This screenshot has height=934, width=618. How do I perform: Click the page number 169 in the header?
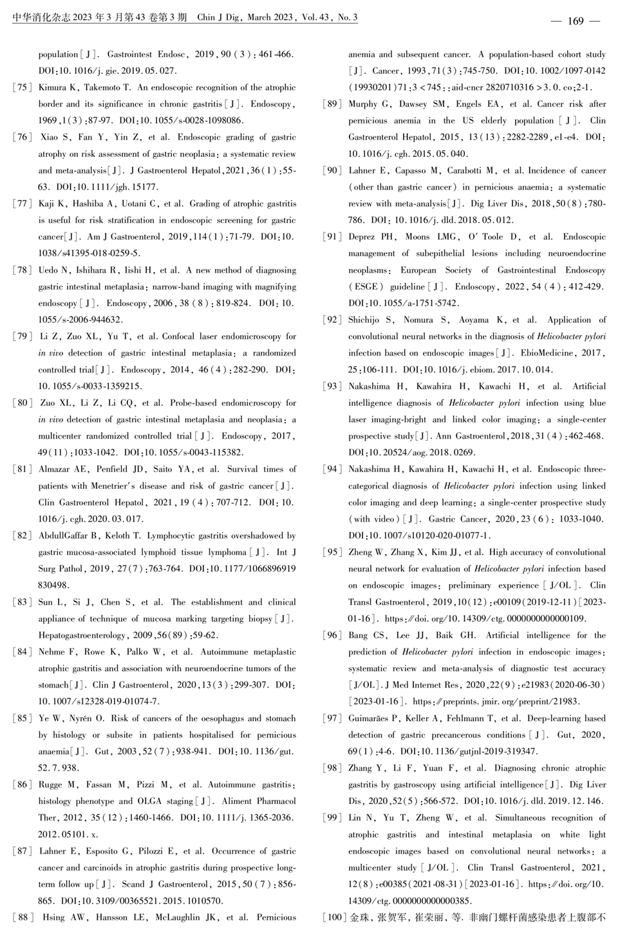click(x=575, y=21)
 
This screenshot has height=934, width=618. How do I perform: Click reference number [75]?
click(x=23, y=87)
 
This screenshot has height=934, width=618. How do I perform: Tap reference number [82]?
click(x=23, y=536)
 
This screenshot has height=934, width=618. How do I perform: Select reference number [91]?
click(x=332, y=237)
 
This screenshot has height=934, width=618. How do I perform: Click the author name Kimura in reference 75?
click(x=53, y=87)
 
